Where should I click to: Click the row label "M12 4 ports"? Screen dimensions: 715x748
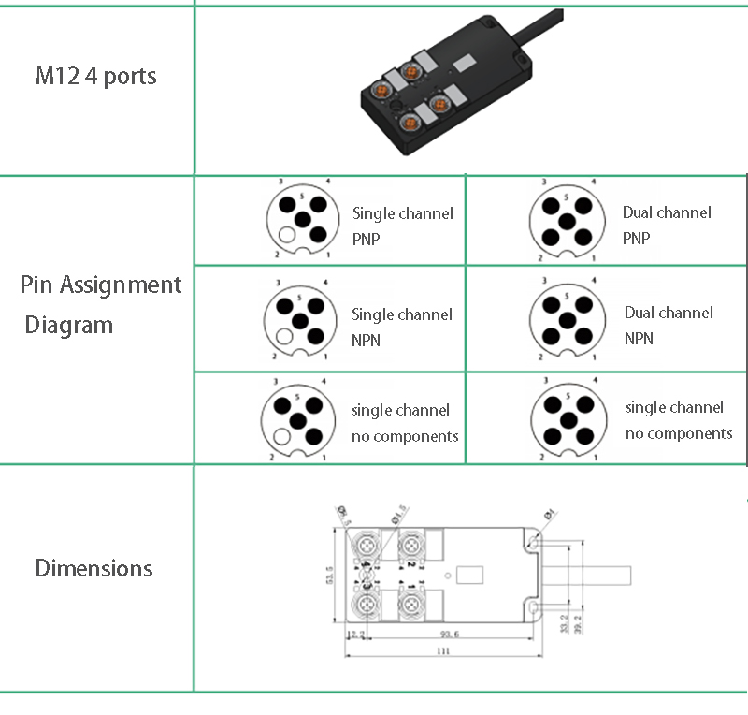coord(95,76)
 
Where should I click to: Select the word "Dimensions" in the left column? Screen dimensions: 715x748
coord(93,568)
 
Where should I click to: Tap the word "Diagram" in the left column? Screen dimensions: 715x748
coord(68,326)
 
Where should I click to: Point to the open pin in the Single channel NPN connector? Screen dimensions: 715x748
coord(285,337)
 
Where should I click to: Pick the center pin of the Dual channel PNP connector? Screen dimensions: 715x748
coord(564,221)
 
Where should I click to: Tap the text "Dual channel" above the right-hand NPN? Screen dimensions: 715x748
coord(669,313)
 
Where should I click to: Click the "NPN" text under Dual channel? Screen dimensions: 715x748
coord(639,338)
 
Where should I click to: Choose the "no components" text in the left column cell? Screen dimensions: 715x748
coord(405,436)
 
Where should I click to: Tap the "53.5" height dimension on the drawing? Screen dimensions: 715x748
coord(329,575)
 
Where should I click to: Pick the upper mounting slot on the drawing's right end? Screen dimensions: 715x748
coord(532,543)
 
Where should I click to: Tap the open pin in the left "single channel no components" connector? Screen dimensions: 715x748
coord(283,435)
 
